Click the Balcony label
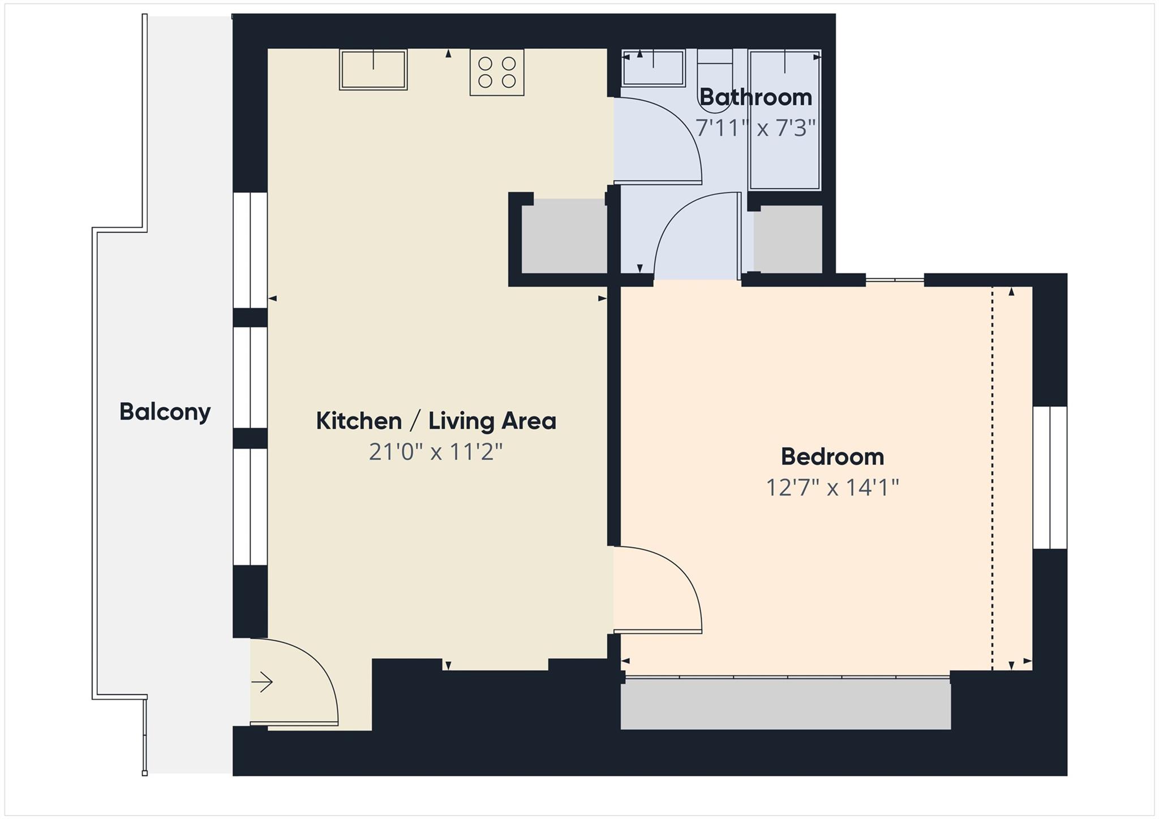pos(165,412)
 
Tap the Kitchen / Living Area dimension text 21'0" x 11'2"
pos(436,452)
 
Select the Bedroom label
pos(832,456)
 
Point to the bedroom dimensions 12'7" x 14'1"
pos(832,487)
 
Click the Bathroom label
pos(756,97)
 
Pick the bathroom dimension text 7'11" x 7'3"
pos(756,128)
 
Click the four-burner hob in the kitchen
pos(497,72)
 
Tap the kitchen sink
pos(373,70)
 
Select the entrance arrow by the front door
pos(262,682)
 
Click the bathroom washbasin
pos(654,68)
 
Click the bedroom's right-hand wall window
pos(1050,477)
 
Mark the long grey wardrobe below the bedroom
pos(785,704)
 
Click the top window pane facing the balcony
pos(250,250)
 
